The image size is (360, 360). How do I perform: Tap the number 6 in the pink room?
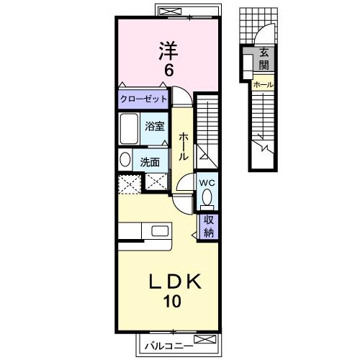[x=167, y=71]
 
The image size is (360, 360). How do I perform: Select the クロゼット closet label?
[x=143, y=99]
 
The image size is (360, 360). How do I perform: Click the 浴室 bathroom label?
[x=155, y=127]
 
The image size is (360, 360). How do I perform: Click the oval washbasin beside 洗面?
[x=124, y=160]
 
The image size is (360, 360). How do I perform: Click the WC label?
[x=207, y=181]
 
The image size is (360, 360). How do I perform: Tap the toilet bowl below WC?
[x=208, y=197]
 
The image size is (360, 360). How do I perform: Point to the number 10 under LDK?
[x=172, y=302]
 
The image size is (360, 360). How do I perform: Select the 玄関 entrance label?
[x=264, y=58]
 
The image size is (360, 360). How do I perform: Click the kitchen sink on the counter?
[x=158, y=231]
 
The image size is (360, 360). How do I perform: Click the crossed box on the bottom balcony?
[x=204, y=339]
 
